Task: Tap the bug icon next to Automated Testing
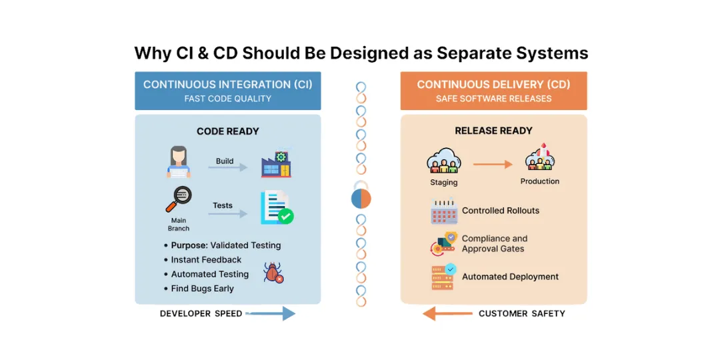coord(273,272)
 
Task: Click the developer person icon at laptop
coord(179,163)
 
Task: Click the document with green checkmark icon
coord(276,207)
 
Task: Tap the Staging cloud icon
coord(444,162)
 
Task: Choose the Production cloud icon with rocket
coord(540,158)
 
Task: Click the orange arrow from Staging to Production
coord(493,164)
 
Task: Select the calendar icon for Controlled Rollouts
coord(443,211)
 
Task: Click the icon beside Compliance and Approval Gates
coord(443,244)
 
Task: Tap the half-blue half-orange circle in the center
coord(361,199)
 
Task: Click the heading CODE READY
coord(227,131)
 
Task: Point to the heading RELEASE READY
coord(493,131)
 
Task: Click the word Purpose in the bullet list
coord(189,245)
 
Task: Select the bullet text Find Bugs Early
coord(202,289)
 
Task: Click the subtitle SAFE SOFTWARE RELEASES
coord(493,99)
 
